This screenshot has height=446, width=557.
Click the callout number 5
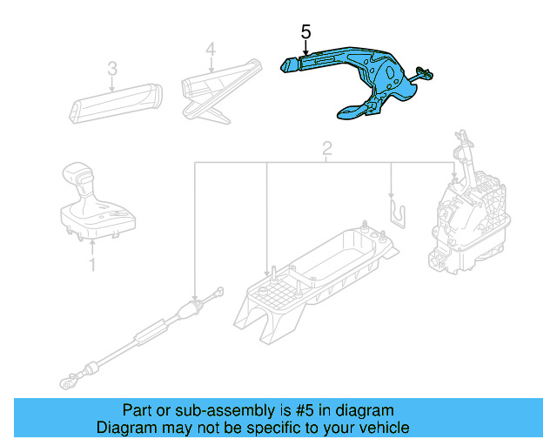[x=305, y=31]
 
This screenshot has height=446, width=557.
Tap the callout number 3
[x=112, y=68]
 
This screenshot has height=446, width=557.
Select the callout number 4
[x=211, y=49]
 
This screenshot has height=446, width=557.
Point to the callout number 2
[x=327, y=148]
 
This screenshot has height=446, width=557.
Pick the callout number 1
[x=92, y=265]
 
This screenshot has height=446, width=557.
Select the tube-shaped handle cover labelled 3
[x=116, y=104]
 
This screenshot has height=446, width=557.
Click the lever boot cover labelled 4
[x=221, y=91]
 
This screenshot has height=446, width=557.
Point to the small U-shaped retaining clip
[x=399, y=214]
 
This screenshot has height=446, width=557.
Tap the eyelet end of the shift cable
[x=66, y=383]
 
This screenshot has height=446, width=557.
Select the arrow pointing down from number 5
[x=305, y=47]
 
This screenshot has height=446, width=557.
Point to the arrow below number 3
[x=112, y=84]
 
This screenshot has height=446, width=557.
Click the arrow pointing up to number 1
[x=92, y=248]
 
